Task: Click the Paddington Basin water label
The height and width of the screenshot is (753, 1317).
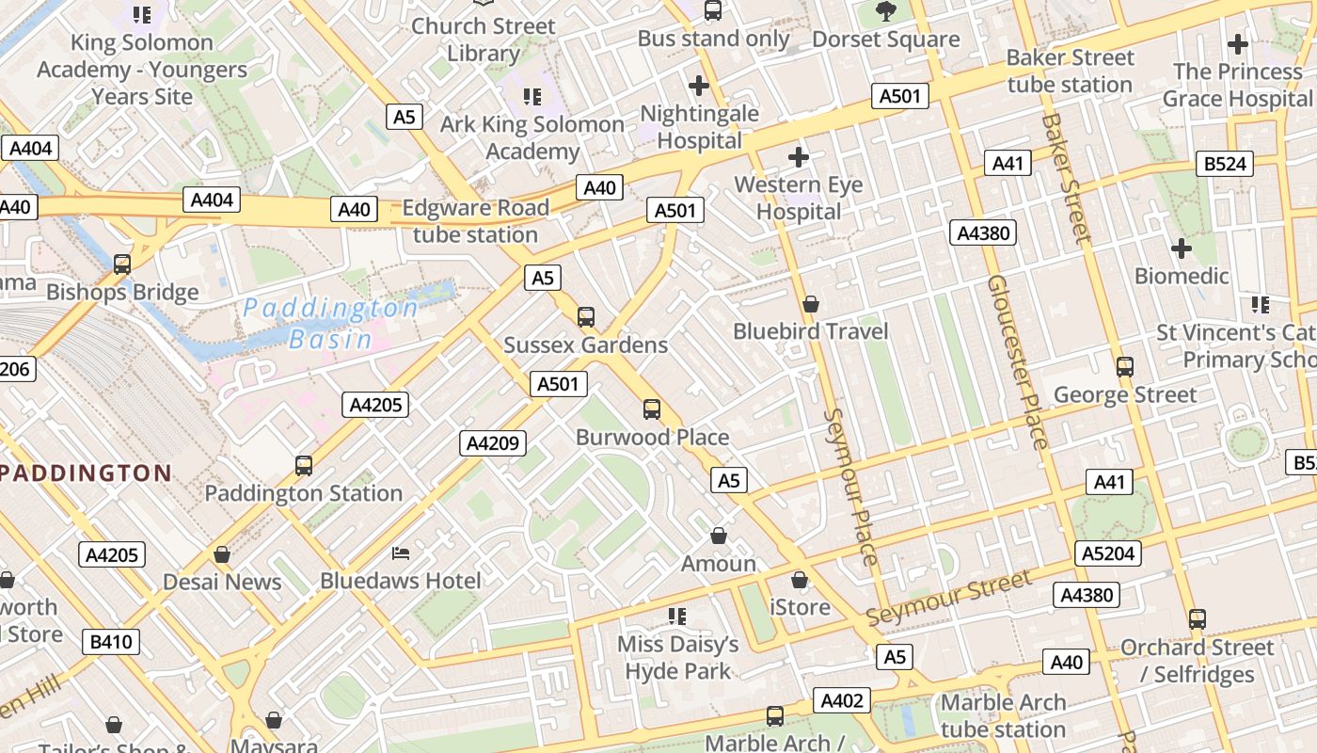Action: click(329, 323)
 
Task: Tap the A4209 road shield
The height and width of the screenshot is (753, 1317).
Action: click(493, 443)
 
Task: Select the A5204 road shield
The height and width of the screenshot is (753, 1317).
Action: click(1109, 553)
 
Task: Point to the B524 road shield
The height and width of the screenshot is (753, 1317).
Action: click(1225, 164)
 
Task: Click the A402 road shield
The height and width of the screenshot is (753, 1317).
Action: click(842, 700)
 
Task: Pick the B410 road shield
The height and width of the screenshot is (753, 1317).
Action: click(112, 643)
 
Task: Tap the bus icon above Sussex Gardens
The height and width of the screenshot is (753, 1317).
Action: click(586, 317)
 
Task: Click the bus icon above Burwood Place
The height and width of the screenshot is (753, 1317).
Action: click(652, 409)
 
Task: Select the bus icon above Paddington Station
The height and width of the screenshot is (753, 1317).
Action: click(304, 465)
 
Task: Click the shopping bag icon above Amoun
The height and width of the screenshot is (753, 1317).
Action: click(719, 536)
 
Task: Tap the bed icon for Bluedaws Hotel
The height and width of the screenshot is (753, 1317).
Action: click(401, 553)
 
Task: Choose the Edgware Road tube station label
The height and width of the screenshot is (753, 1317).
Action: click(476, 221)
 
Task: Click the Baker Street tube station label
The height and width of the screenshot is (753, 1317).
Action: click(1070, 71)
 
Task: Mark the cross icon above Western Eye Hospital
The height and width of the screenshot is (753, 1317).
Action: click(799, 156)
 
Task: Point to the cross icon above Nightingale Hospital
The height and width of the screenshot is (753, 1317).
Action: click(699, 86)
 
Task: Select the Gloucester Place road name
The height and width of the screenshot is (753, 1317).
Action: click(1017, 362)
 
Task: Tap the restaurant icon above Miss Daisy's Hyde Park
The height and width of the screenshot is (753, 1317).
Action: click(677, 617)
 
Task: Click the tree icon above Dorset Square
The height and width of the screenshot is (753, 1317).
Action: click(885, 11)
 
